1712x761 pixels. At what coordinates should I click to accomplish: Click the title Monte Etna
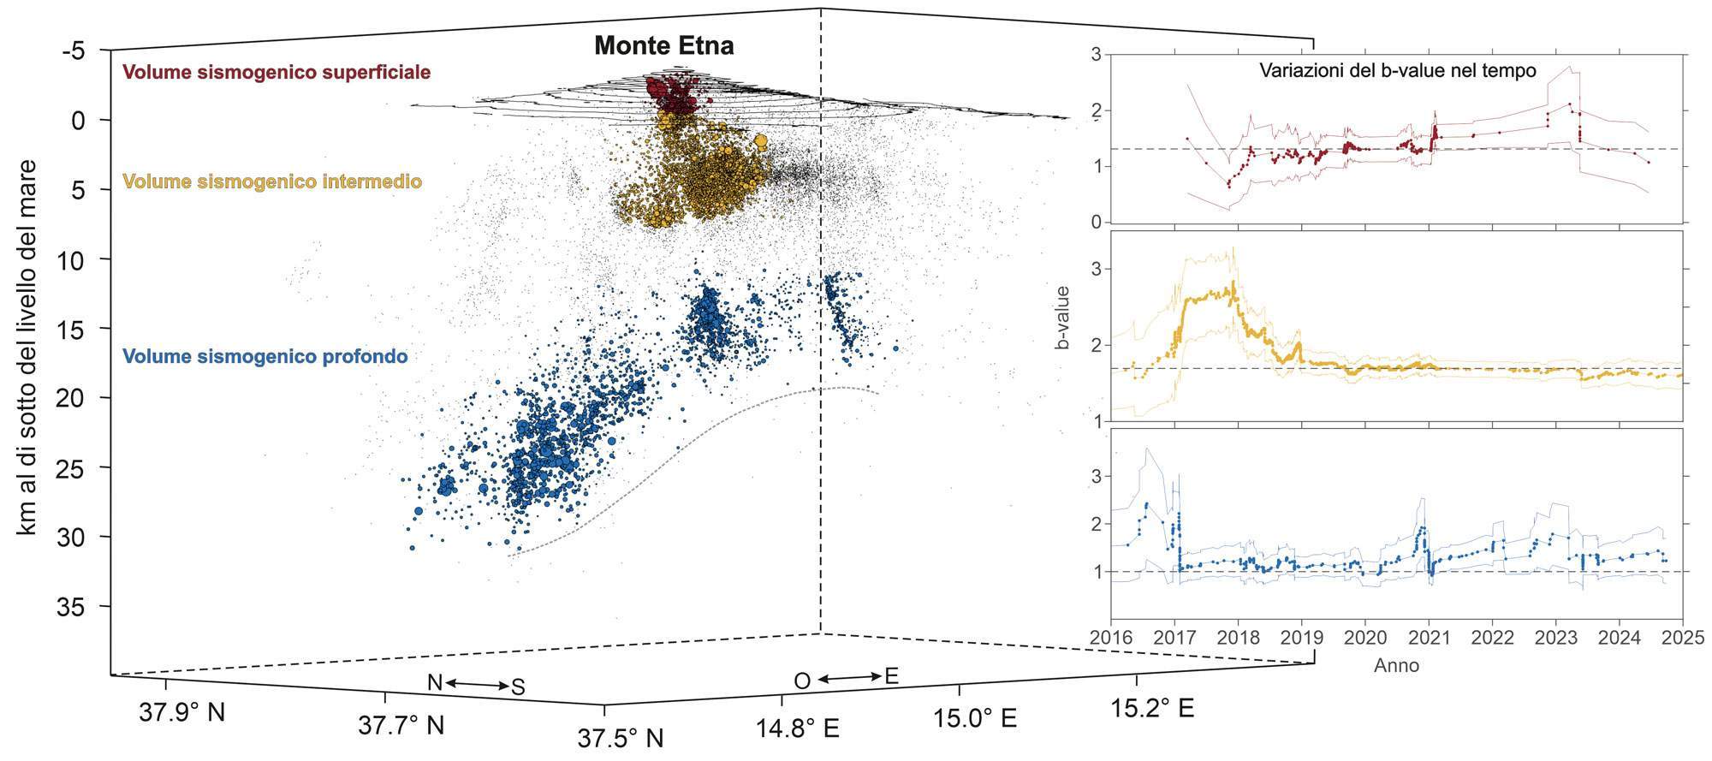click(663, 45)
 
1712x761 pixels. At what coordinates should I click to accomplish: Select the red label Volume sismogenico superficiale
click(276, 72)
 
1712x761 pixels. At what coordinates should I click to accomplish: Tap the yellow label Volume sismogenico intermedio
click(272, 181)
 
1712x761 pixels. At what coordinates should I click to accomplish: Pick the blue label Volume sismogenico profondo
click(265, 356)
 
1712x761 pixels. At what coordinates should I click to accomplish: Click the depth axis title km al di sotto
click(28, 348)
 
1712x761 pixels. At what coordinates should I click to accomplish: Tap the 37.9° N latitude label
click(181, 710)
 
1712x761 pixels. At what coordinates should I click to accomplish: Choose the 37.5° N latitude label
click(620, 737)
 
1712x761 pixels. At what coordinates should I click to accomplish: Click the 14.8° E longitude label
click(796, 728)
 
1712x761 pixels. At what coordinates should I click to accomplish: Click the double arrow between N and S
click(476, 683)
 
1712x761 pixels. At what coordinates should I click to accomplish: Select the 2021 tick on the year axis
click(1429, 638)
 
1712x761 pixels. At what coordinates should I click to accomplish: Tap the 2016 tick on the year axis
click(1111, 638)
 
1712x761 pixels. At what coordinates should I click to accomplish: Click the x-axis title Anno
click(1396, 665)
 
